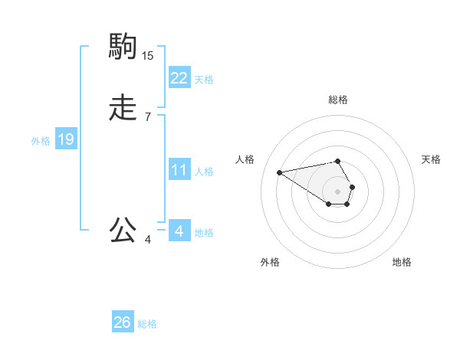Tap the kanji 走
(123, 109)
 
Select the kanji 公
(123, 230)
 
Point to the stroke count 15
(148, 55)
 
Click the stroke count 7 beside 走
(148, 116)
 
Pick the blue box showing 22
(179, 78)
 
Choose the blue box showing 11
(179, 170)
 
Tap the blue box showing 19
(66, 139)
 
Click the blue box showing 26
(122, 323)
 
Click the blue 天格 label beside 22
(204, 80)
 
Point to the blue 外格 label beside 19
(41, 141)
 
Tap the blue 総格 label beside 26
(147, 325)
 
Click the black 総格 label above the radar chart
(338, 100)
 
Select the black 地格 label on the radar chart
(402, 262)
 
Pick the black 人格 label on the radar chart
(245, 159)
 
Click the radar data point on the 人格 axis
(280, 172)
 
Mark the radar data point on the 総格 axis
(338, 161)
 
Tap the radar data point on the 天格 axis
(353, 187)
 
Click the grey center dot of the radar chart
(338, 191)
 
